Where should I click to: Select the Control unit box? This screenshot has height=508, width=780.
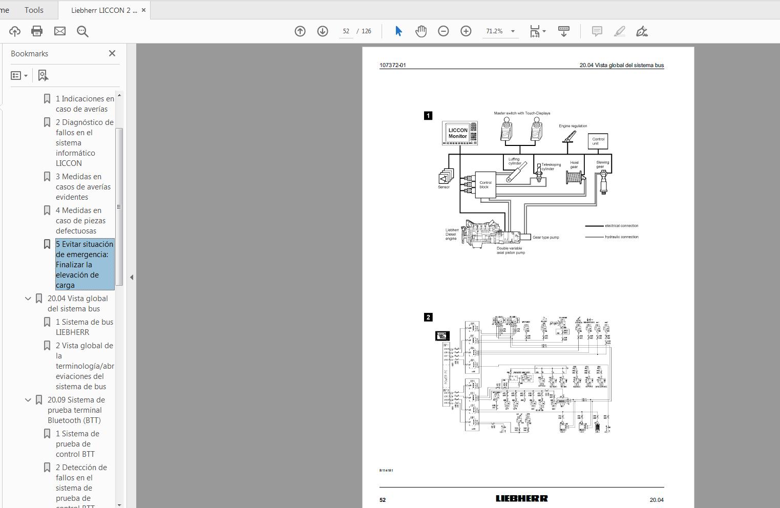tap(598, 141)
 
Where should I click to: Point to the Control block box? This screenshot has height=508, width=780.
tap(484, 185)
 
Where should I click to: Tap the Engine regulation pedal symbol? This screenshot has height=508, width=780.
tap(568, 137)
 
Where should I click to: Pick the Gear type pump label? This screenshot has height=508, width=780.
tap(545, 237)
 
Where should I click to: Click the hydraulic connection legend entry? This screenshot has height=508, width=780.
tap(613, 237)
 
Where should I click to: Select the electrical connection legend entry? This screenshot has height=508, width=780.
tap(613, 225)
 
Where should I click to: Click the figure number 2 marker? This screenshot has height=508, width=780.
tap(428, 317)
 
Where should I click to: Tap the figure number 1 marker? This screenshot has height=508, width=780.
tap(428, 116)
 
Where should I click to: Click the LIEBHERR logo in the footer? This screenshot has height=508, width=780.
tap(521, 498)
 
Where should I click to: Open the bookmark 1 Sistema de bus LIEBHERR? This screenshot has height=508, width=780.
tap(85, 327)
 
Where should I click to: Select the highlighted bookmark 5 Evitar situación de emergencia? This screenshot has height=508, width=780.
tap(85, 264)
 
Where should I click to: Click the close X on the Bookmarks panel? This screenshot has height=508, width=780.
tap(112, 53)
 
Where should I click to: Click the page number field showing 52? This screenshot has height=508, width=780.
tap(346, 31)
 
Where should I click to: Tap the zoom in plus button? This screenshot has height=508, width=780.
tap(466, 31)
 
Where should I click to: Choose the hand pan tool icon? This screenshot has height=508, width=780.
tap(420, 31)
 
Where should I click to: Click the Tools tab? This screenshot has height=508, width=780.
tap(34, 10)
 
